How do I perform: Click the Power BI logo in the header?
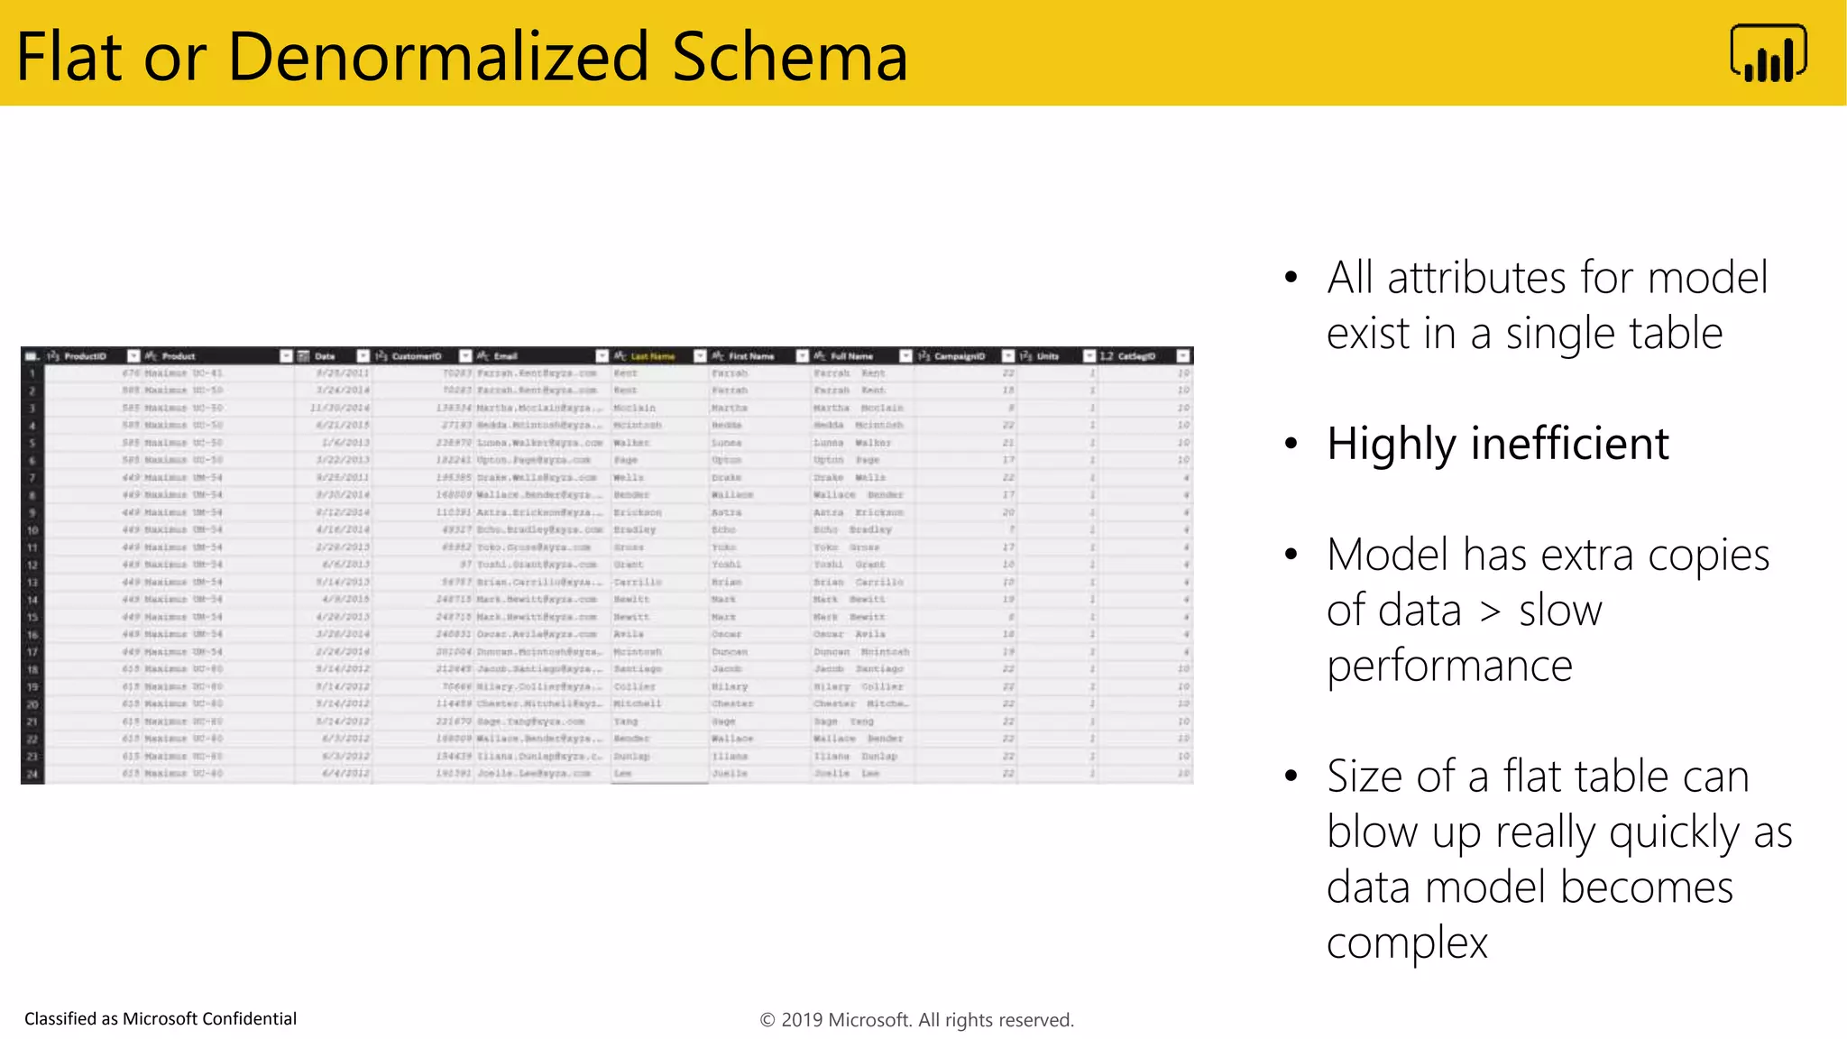coord(1768,54)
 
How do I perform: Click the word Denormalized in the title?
coord(437,57)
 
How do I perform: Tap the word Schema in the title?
coord(789,57)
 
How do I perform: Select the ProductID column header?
coord(85,356)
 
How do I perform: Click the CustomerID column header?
coord(417,356)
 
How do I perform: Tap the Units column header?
coord(1047,356)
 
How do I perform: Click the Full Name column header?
coord(851,356)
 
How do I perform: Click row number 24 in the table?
coord(32,774)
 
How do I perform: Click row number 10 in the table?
coord(32,530)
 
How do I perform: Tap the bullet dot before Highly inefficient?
coord(1291,444)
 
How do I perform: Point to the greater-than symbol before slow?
coord(1491,611)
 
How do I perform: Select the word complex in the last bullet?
coord(1407,942)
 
